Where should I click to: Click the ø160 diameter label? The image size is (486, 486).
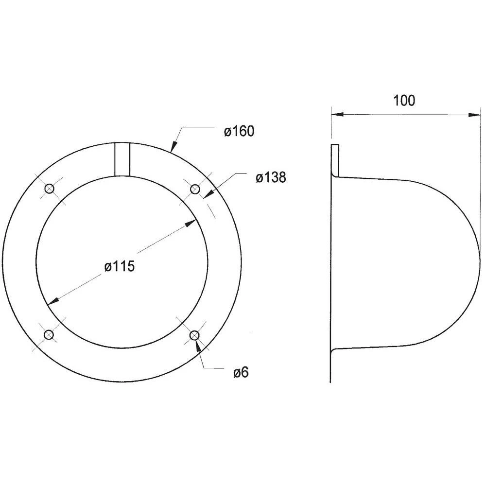(239, 132)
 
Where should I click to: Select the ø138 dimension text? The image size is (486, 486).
(271, 178)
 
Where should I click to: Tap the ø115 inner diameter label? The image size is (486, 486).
(119, 267)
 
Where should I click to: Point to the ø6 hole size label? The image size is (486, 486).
(241, 373)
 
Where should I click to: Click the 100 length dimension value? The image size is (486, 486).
(404, 101)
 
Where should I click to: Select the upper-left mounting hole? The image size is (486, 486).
(49, 189)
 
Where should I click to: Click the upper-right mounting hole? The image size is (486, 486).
(194, 189)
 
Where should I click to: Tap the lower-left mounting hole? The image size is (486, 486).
(49, 335)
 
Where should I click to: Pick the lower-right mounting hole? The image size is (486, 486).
(194, 335)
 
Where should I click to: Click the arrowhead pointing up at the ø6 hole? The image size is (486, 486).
(197, 346)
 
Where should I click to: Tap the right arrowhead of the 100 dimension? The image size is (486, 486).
(474, 115)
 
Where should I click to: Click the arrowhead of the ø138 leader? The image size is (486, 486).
(206, 195)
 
